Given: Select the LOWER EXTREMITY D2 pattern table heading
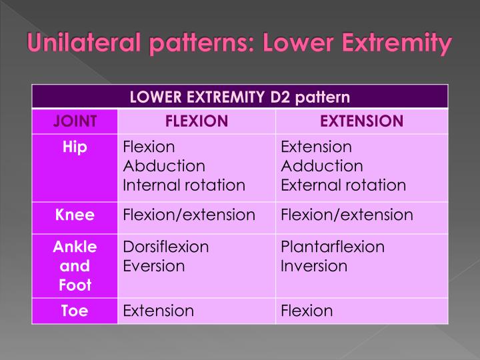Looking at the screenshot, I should tap(239, 97).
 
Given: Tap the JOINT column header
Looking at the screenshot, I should tap(75, 121).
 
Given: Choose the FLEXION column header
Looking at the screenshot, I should tap(197, 121).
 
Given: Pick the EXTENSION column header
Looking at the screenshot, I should tap(361, 121).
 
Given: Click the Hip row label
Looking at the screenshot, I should tap(75, 147).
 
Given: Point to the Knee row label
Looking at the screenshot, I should tap(75, 215).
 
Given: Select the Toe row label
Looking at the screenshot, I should tap(75, 311).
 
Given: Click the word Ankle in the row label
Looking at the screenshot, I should tap(75, 247).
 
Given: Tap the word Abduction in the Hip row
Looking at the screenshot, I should tap(164, 166).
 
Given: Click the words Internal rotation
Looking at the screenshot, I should tap(184, 185).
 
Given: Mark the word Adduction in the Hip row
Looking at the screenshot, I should tap(322, 166).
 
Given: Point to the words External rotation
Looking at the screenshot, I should tap(343, 185).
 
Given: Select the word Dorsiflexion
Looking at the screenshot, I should tap(166, 247).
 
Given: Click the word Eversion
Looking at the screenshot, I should tap(154, 266).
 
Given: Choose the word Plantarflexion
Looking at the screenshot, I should tap(333, 247).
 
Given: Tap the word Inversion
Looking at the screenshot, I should tap(314, 266).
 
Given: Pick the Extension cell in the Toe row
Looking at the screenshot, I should tap(159, 311).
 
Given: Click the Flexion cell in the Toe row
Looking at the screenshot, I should tap(307, 311).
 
